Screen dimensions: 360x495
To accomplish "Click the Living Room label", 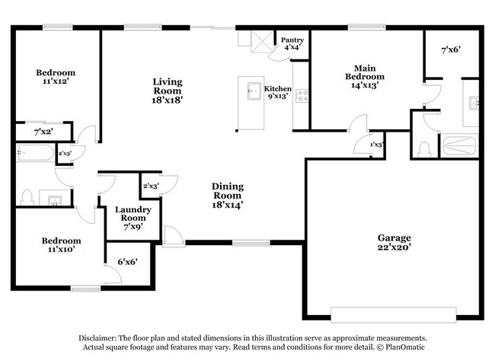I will point(167,90).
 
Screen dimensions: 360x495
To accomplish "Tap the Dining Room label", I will point(227,195).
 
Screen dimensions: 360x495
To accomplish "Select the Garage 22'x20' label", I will point(394,242).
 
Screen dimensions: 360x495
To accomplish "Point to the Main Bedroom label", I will point(364,77).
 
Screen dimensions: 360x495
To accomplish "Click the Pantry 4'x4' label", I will point(292,43).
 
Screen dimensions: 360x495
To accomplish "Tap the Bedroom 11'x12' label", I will point(56,78).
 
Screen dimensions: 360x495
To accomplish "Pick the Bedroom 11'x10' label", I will point(61,245).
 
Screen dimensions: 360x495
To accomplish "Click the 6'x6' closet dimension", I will point(126,263).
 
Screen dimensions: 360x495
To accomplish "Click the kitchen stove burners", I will point(301,96).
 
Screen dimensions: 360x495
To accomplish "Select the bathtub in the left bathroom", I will point(34,155).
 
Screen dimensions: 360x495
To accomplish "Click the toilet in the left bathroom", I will point(28,197).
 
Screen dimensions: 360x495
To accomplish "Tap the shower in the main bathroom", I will point(460,145).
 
